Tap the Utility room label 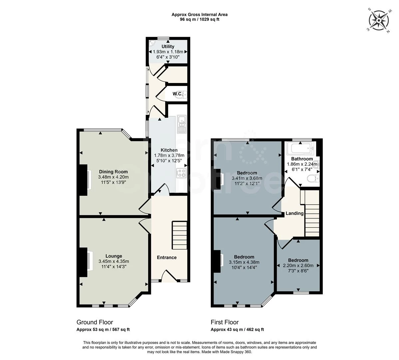(x=168, y=46)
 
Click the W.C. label (x=177, y=94)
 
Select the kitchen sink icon (x=182, y=124)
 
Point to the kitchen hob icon (x=181, y=173)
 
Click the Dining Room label (x=113, y=172)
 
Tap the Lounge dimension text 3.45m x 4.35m (x=114, y=261)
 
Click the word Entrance (x=167, y=257)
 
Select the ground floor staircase (x=180, y=235)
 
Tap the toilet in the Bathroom (x=312, y=179)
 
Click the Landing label (x=294, y=213)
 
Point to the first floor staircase (x=312, y=213)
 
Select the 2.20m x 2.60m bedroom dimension (x=298, y=266)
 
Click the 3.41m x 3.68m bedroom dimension (x=247, y=178)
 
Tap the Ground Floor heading (x=95, y=322)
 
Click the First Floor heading (x=224, y=322)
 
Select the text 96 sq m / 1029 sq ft (x=199, y=19)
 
